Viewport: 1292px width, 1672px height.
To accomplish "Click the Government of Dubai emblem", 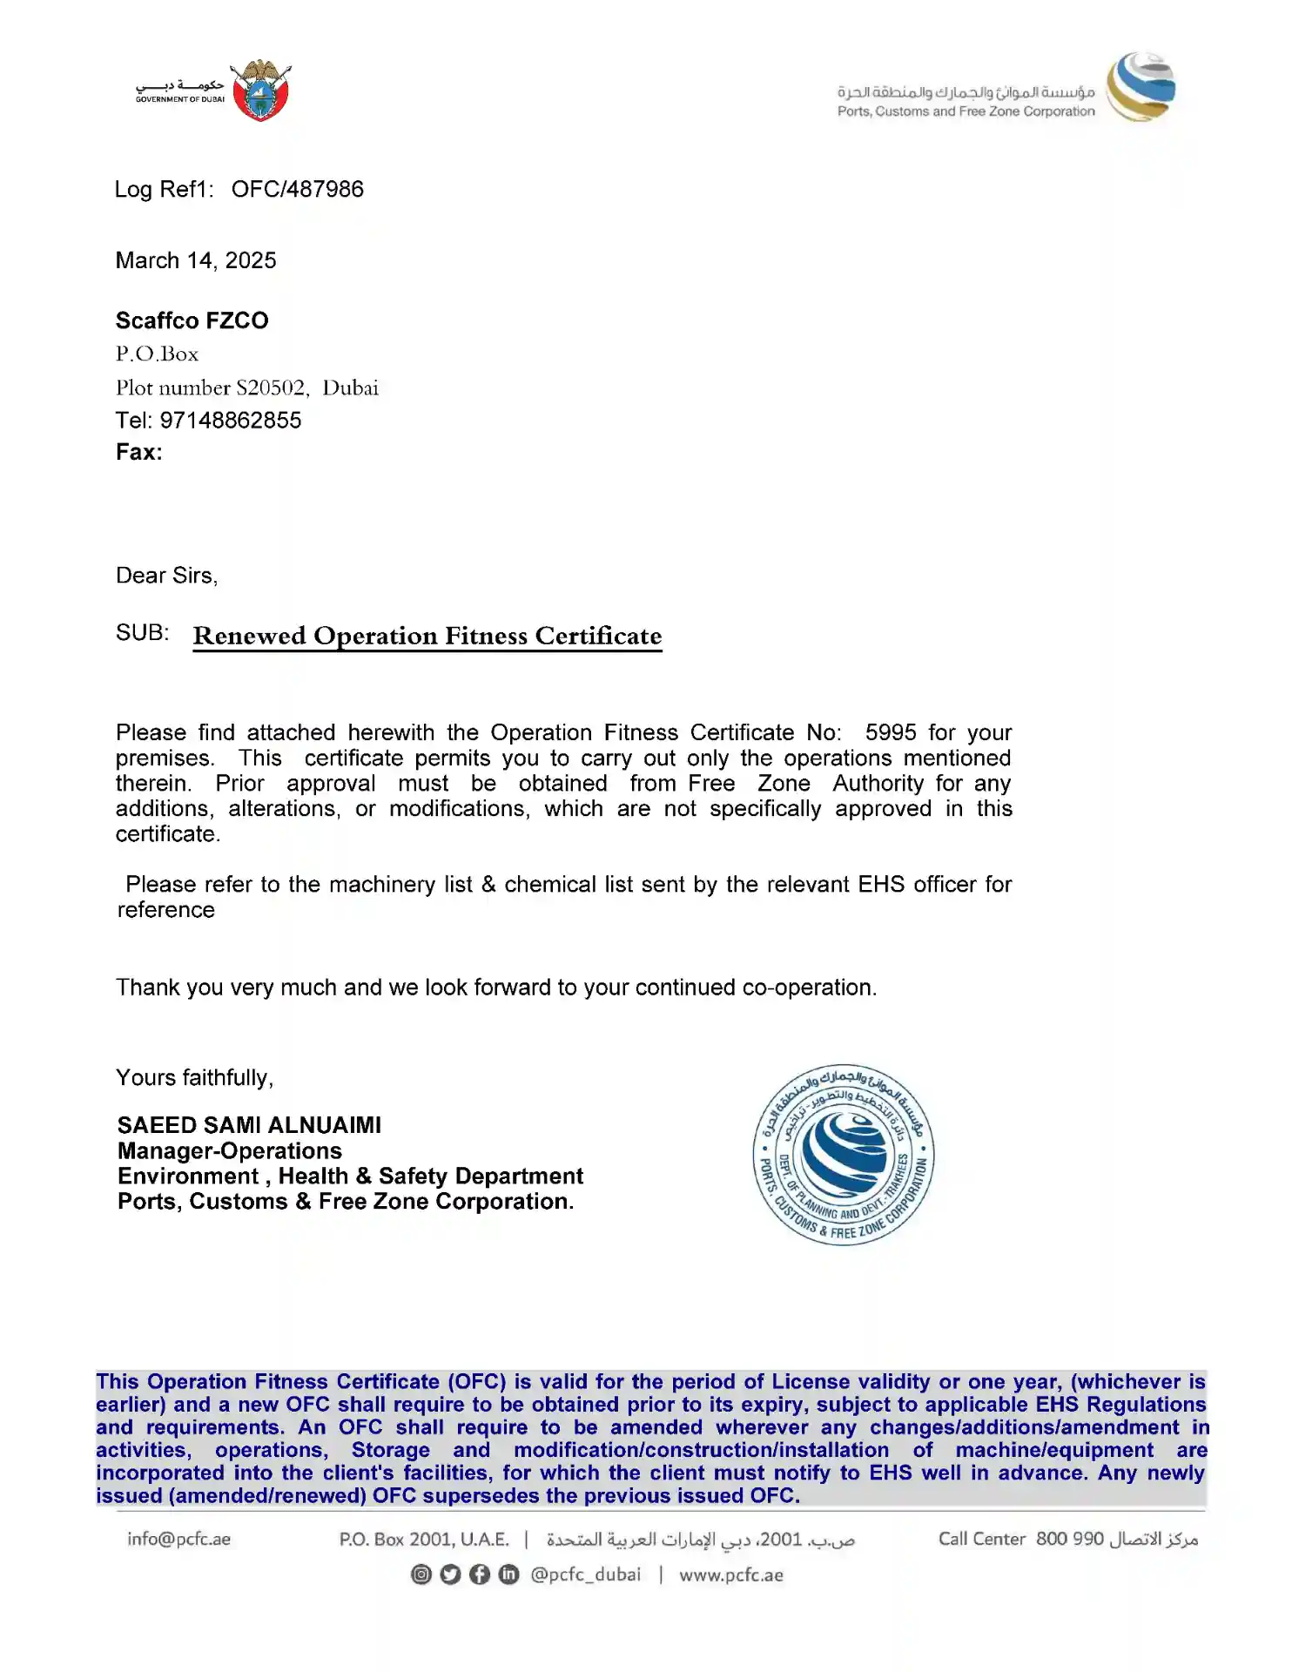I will (261, 91).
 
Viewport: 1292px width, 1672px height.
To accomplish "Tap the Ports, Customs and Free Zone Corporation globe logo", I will (1141, 87).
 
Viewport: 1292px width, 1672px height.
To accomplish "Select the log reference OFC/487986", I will (297, 190).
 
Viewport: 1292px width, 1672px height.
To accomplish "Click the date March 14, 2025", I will (196, 260).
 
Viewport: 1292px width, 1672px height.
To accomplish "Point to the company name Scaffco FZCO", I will (192, 320).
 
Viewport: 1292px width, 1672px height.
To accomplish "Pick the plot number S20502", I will (271, 388).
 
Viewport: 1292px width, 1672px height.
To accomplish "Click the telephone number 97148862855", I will (231, 421).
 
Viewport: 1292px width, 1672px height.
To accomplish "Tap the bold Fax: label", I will (139, 452).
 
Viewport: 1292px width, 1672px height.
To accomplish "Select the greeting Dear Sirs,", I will (167, 576).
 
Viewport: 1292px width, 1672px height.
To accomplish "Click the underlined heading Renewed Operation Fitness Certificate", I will (427, 636).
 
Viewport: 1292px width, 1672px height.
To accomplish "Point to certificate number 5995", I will (891, 732).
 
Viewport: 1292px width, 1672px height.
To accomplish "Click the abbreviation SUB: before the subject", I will (143, 633).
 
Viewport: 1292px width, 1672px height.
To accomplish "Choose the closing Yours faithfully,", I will (195, 1078).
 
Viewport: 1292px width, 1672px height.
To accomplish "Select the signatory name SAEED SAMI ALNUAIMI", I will (249, 1125).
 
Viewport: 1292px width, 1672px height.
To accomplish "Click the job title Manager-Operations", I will (230, 1151).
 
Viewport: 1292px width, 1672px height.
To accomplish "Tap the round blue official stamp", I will (843, 1155).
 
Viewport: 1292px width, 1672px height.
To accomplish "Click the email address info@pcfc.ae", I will (178, 1539).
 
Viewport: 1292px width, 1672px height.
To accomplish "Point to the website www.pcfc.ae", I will (731, 1574).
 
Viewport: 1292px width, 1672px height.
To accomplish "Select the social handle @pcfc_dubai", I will (585, 1574).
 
